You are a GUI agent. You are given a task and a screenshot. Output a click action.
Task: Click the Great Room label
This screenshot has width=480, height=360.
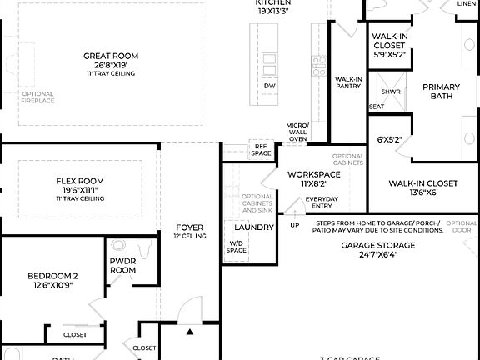click(111, 56)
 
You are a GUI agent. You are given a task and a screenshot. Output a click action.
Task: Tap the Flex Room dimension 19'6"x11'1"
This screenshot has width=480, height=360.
click(80, 190)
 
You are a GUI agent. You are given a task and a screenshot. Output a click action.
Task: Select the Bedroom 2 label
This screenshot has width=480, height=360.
click(52, 276)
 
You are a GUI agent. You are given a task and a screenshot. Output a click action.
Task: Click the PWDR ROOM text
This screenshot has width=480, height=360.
click(123, 265)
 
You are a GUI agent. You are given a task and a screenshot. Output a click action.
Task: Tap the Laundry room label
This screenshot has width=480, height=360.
click(254, 227)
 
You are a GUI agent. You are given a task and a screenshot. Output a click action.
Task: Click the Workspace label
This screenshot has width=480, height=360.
click(313, 175)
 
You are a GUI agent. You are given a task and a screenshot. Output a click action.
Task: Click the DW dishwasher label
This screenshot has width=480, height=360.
click(269, 86)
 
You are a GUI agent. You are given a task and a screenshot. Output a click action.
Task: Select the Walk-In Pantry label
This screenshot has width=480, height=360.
click(348, 82)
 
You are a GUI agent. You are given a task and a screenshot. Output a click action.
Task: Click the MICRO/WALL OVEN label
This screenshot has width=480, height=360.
click(297, 132)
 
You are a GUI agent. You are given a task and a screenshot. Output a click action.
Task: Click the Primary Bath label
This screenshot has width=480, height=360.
click(441, 92)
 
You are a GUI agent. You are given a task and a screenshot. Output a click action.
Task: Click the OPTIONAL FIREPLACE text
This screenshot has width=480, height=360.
click(37, 97)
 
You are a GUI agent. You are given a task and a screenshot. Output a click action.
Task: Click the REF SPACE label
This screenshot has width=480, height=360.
click(261, 149)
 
